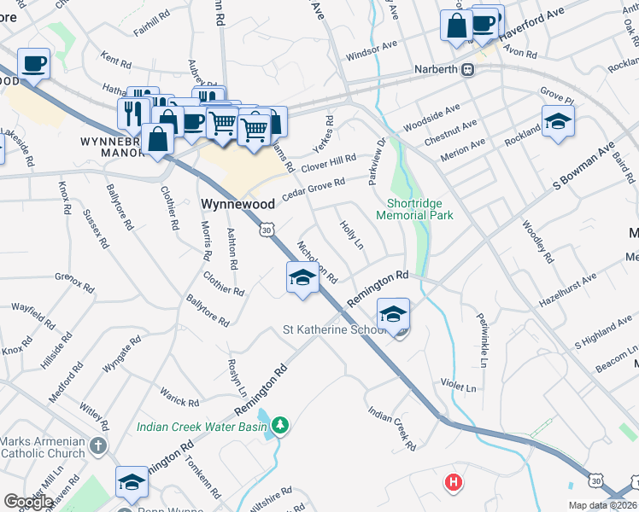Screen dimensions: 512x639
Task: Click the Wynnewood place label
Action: (237, 205)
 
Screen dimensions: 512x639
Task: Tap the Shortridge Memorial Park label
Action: (419, 209)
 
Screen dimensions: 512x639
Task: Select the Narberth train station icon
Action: (467, 71)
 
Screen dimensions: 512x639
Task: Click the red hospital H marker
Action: (454, 483)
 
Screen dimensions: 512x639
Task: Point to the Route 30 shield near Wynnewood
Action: (267, 230)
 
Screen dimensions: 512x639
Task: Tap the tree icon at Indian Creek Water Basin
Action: (280, 424)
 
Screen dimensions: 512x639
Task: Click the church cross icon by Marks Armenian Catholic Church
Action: (99, 446)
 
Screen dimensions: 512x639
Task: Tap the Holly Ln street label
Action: (352, 235)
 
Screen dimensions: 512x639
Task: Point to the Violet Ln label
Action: (458, 387)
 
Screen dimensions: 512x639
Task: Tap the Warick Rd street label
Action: (179, 397)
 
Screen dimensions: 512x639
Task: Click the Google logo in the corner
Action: (29, 502)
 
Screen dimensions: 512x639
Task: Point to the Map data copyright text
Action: (602, 505)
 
